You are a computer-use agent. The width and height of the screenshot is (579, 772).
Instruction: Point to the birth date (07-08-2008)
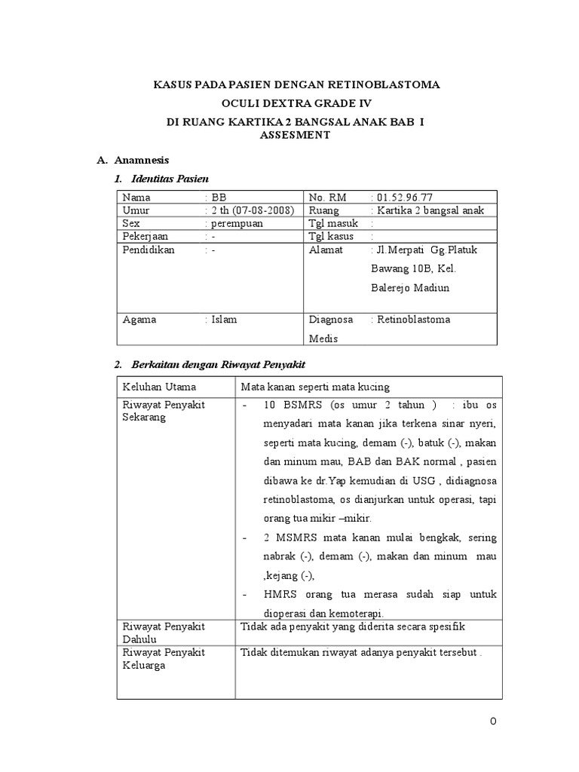(x=259, y=210)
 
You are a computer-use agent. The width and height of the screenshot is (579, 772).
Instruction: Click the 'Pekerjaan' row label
(x=147, y=237)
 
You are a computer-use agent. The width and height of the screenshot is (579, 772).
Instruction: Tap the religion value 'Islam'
(x=224, y=319)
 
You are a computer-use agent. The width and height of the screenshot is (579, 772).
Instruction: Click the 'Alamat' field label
(x=326, y=250)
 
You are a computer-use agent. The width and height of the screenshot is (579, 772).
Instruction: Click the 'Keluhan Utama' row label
(x=159, y=387)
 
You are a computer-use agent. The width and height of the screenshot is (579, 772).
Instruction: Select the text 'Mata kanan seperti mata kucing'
(x=315, y=387)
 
